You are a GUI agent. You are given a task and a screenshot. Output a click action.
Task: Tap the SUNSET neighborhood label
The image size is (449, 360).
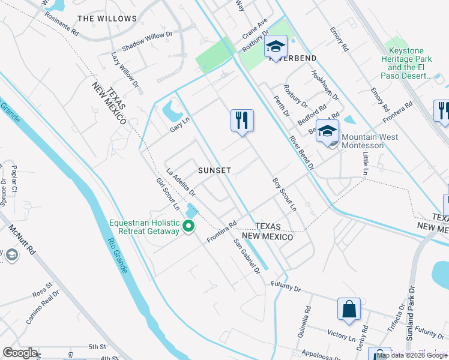[215, 170]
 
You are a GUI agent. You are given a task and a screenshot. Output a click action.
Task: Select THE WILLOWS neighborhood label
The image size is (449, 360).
[107, 19]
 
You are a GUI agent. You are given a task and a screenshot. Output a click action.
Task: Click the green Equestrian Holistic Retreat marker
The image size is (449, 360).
[188, 226]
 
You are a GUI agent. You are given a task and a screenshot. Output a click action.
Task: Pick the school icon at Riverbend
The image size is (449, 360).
[276, 46]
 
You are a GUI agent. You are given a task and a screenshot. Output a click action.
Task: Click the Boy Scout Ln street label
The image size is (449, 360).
[285, 194]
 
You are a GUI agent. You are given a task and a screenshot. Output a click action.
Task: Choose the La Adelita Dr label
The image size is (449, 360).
[181, 182]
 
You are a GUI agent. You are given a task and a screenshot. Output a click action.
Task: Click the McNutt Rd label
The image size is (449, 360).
[23, 243]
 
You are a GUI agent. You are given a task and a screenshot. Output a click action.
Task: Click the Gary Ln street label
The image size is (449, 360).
[179, 124]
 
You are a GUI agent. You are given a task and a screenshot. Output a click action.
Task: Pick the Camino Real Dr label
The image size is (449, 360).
[41, 307]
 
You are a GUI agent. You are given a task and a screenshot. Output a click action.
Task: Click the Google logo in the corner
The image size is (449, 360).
[20, 353]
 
